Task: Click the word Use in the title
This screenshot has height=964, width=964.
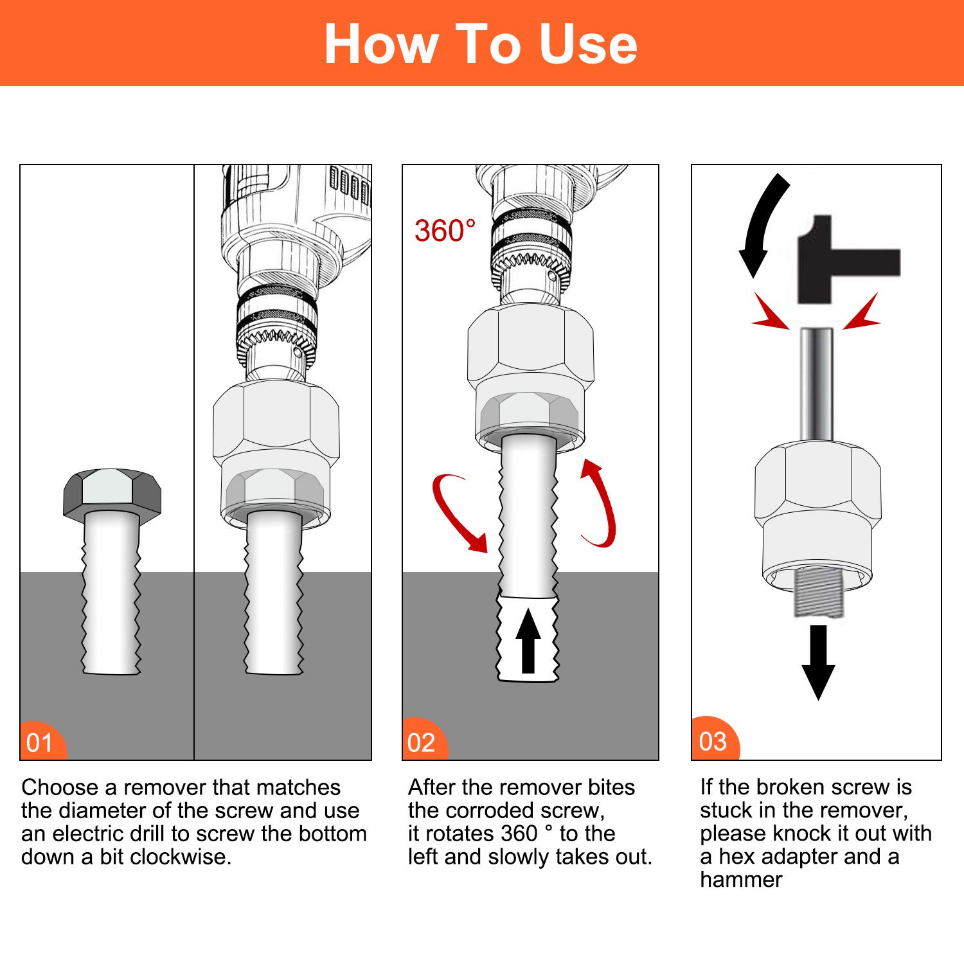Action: click(x=588, y=44)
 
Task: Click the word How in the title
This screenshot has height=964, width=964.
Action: click(x=380, y=44)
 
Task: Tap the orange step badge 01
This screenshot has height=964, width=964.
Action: click(x=43, y=741)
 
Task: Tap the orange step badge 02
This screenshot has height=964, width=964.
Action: click(x=425, y=740)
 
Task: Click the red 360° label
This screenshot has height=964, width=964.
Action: click(x=445, y=231)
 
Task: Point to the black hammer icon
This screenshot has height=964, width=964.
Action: click(x=848, y=260)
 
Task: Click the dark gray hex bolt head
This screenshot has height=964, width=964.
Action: click(x=112, y=493)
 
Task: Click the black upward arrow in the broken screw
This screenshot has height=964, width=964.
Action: click(x=528, y=641)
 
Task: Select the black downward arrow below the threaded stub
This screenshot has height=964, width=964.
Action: click(x=818, y=663)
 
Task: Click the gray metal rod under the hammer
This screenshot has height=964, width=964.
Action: click(x=817, y=385)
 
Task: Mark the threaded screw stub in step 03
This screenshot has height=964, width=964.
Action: click(x=817, y=593)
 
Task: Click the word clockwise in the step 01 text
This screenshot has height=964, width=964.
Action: click(x=181, y=857)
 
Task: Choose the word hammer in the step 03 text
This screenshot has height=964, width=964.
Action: click(x=741, y=880)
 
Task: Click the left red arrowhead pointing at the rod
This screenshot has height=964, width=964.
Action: click(x=771, y=312)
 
